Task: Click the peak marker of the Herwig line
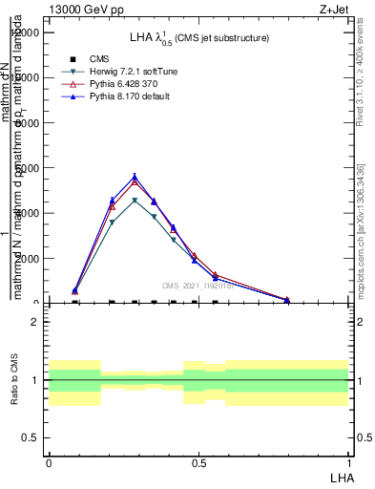135,201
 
